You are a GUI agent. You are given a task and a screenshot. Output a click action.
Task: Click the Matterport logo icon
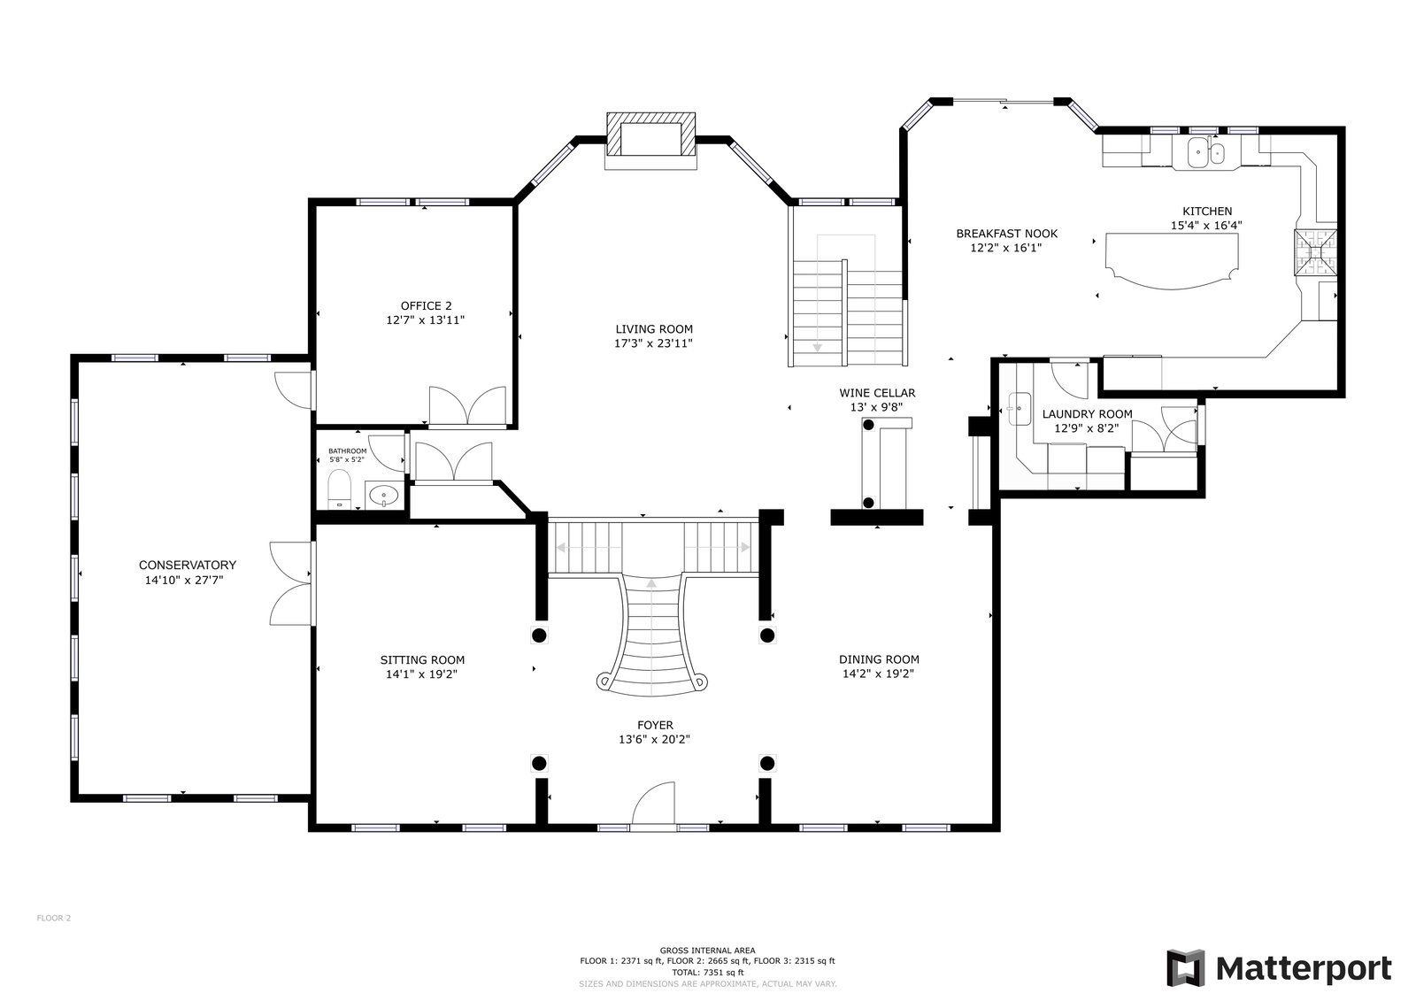pyautogui.click(x=1185, y=967)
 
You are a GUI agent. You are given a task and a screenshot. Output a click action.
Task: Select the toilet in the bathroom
pyautogui.click(x=340, y=489)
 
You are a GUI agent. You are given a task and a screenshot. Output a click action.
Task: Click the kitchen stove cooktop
pyautogui.click(x=1315, y=252)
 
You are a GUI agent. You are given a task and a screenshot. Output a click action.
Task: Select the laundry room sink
pyautogui.click(x=1019, y=409)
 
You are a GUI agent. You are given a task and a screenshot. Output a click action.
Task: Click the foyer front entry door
pyautogui.click(x=653, y=803)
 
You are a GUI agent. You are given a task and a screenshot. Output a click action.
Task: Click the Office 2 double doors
pyautogui.click(x=467, y=405)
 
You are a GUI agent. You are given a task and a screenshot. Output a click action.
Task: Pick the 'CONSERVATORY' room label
pyautogui.click(x=179, y=565)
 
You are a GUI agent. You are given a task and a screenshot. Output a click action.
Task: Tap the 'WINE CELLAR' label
pyautogui.click(x=877, y=393)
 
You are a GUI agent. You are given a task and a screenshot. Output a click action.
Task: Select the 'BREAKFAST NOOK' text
pyautogui.click(x=1006, y=234)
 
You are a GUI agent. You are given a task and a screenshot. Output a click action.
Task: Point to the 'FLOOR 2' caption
pyautogui.click(x=54, y=918)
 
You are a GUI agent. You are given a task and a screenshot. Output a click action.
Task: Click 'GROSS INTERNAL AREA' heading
pyautogui.click(x=707, y=951)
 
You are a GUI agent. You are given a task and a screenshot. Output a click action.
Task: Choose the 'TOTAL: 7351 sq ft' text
pyautogui.click(x=707, y=973)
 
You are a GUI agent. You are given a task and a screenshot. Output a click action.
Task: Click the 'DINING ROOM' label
pyautogui.click(x=879, y=659)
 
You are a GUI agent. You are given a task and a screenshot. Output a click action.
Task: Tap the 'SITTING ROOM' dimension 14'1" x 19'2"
pyautogui.click(x=421, y=674)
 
